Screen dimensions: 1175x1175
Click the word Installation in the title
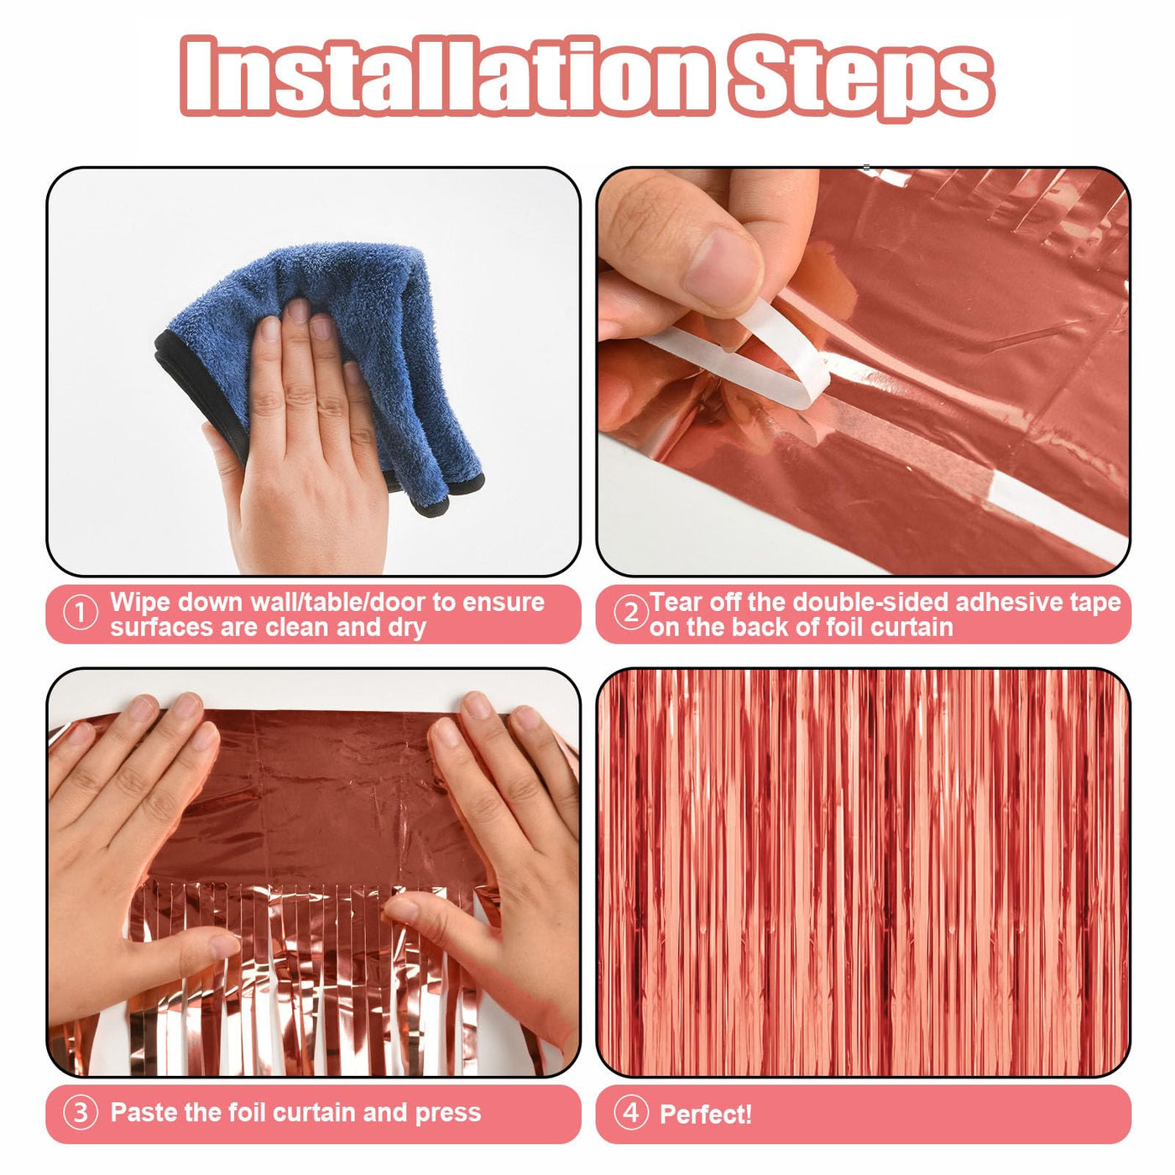446,75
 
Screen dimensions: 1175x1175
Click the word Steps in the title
861,78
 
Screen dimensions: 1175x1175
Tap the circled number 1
80,614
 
